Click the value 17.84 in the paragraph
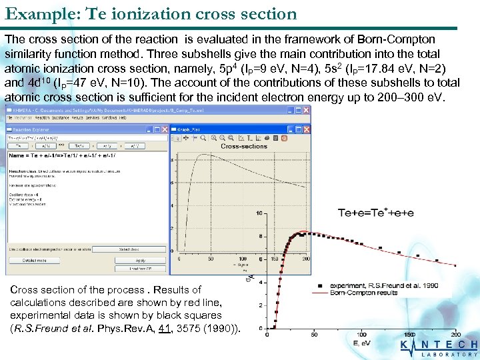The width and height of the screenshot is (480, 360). pyautogui.click(x=375, y=68)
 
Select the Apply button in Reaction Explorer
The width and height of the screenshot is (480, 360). pyautogui.click(x=141, y=260)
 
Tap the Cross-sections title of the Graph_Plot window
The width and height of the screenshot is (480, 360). pyautogui.click(x=243, y=146)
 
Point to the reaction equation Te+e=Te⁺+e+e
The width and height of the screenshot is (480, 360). pyautogui.click(x=375, y=213)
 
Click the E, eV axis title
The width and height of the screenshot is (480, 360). pyautogui.click(x=363, y=343)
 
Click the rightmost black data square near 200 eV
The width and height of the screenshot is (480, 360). pyautogui.click(x=455, y=265)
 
